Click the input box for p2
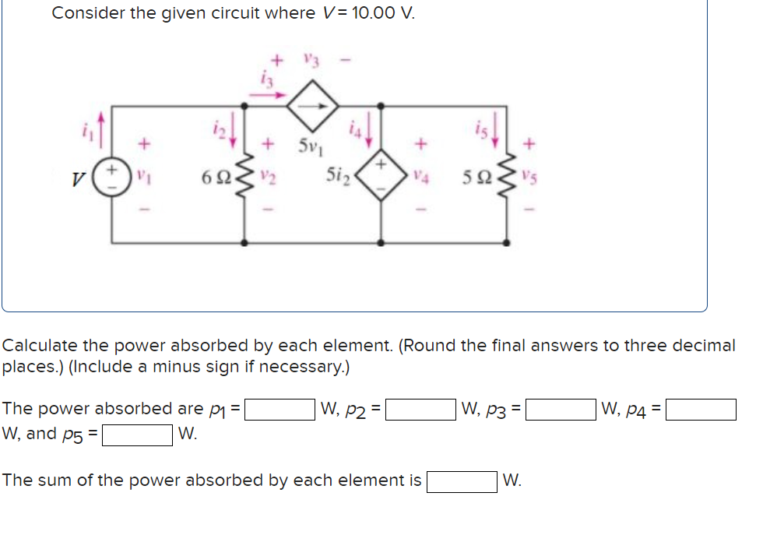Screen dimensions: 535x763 pyautogui.click(x=420, y=409)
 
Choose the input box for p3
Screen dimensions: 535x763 pyautogui.click(x=561, y=409)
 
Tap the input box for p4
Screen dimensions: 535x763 pyautogui.click(x=700, y=409)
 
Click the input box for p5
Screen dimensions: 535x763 pyautogui.click(x=137, y=434)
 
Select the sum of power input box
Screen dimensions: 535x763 pyautogui.click(x=461, y=481)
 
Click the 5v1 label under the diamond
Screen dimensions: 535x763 pyautogui.click(x=311, y=145)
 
